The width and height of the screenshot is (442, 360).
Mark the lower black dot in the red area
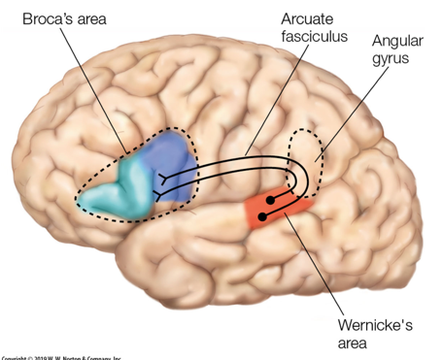click(264, 215)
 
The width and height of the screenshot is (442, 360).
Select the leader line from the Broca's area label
click(92, 79)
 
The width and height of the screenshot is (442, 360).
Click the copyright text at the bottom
click(58, 356)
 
